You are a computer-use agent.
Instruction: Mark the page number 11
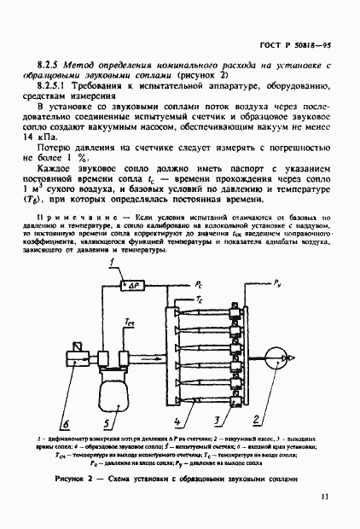tap(324, 517)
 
